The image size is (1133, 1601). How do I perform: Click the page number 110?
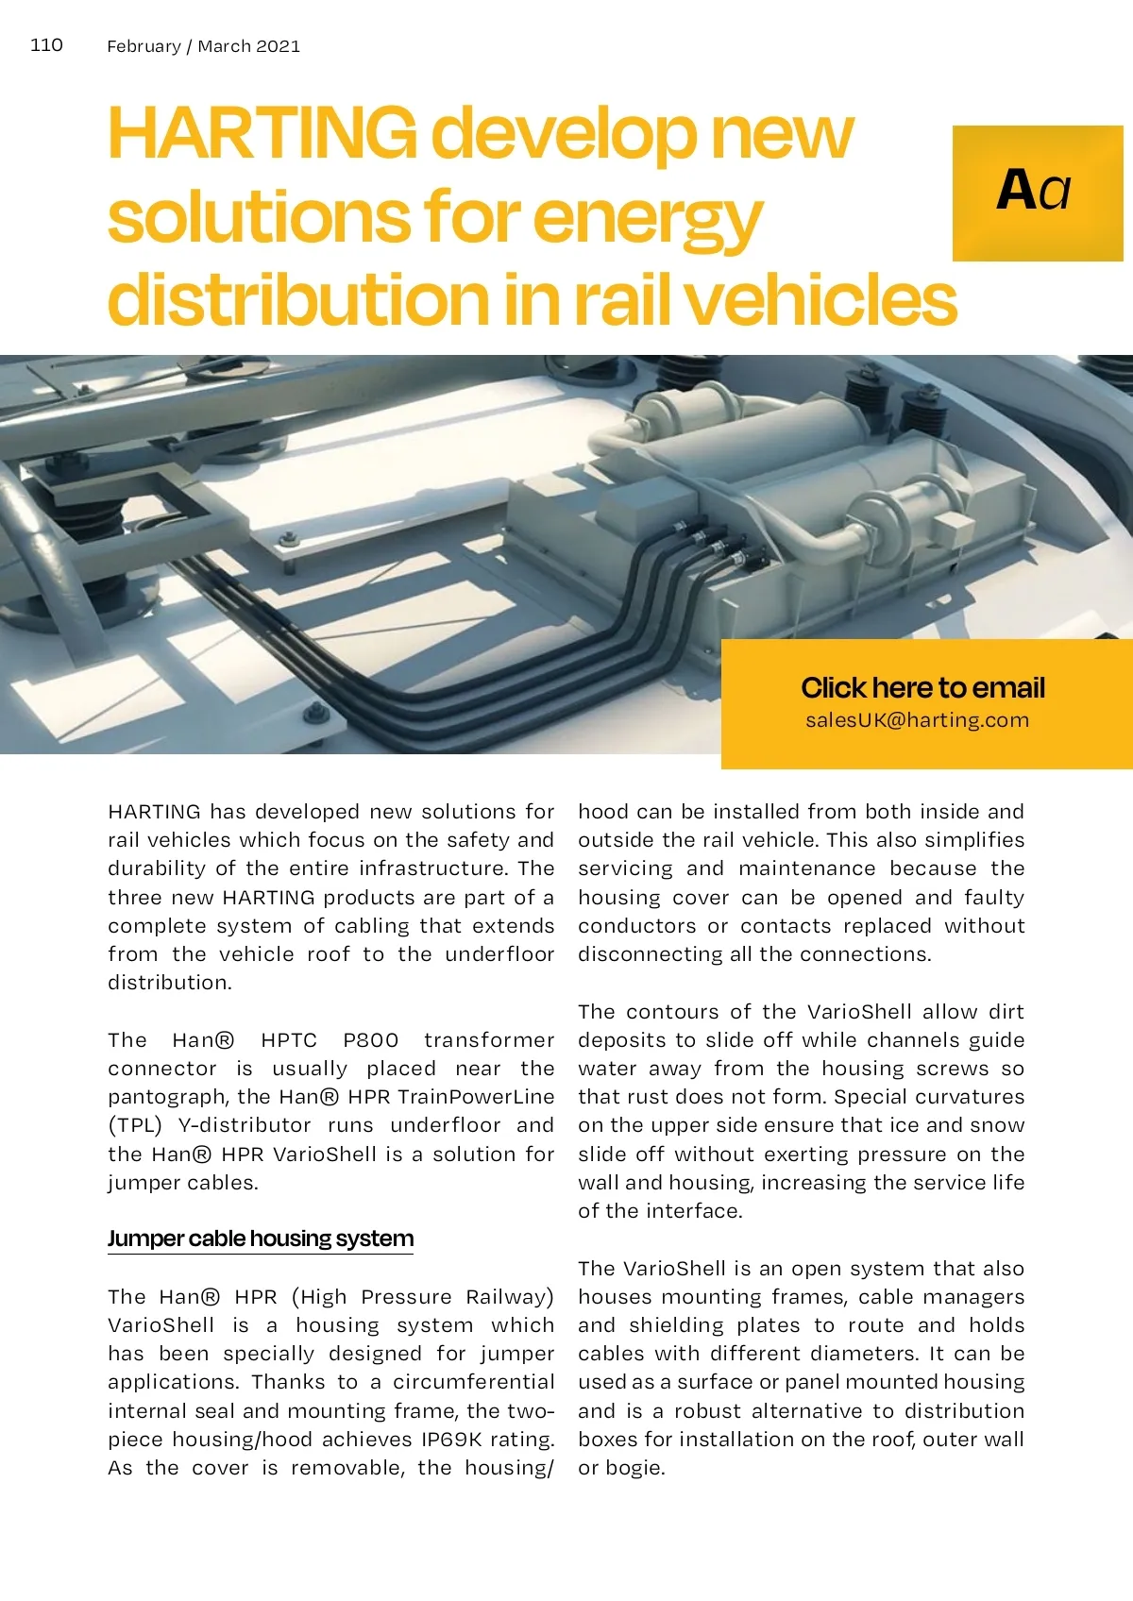pos(46,45)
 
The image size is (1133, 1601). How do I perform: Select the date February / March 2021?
pos(203,46)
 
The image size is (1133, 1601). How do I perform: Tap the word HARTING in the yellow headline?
pos(262,134)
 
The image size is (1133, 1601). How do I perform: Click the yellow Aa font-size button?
pos(1037,193)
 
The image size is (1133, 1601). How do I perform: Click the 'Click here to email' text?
pos(922,687)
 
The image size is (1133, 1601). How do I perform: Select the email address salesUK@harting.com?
pos(917,720)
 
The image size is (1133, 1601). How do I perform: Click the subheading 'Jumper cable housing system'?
pos(261,1239)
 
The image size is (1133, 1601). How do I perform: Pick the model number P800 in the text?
pos(371,1040)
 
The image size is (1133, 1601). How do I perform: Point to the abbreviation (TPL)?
pos(135,1125)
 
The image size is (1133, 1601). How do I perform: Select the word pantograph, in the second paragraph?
pos(168,1097)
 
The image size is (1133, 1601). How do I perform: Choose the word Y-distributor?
pos(245,1125)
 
